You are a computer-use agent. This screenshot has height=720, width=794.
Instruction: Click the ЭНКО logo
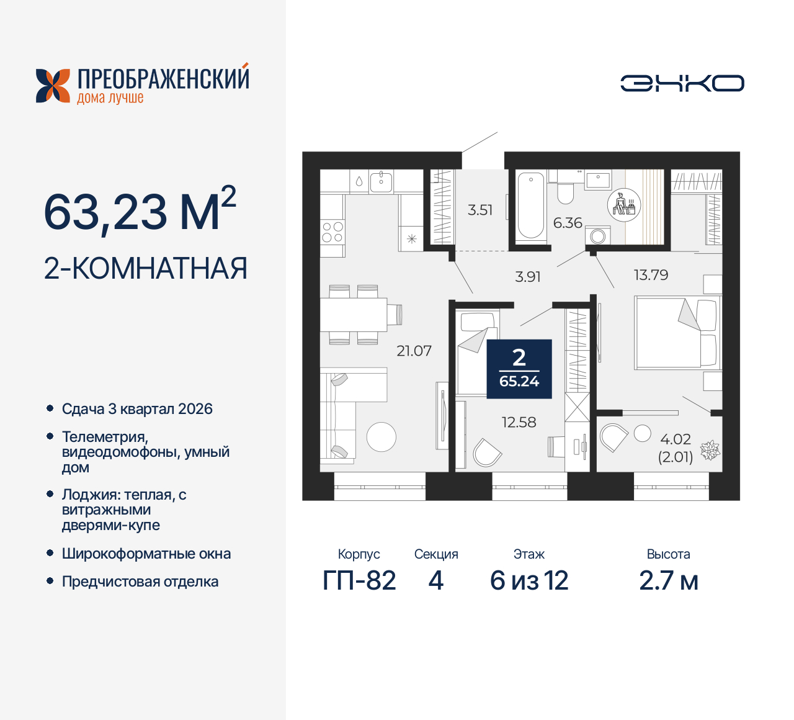coord(682,83)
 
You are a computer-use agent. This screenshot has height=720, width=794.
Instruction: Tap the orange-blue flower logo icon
coord(53,86)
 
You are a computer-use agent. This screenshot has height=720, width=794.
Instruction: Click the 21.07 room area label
coord(414,351)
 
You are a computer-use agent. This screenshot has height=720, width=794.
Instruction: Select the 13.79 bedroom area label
coord(651,275)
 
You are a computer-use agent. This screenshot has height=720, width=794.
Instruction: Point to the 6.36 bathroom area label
coord(568,223)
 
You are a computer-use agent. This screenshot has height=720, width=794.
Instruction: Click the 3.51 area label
coord(480,210)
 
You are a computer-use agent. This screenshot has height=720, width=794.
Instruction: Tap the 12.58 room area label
coord(519,422)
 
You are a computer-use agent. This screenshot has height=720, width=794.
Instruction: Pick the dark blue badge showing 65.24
coord(519,369)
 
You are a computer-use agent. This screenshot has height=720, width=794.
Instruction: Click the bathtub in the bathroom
coord(530,205)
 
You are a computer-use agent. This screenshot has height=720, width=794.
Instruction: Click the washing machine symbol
coord(599,236)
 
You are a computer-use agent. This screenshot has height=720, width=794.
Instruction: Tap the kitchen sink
coord(381,181)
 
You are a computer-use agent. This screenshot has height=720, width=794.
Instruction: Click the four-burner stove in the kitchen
coord(332,232)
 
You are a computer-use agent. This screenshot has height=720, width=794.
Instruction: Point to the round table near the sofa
coord(381,436)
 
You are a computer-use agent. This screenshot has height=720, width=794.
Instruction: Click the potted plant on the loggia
coord(710,450)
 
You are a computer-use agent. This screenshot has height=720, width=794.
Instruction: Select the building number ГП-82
coord(359,580)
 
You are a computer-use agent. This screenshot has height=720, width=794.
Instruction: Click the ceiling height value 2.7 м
coord(669,580)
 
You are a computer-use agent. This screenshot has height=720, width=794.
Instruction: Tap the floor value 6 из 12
coord(529,580)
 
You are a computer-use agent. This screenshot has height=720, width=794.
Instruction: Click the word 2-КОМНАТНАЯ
coord(146,268)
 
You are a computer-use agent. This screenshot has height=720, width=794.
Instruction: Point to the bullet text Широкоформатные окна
coord(146,554)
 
